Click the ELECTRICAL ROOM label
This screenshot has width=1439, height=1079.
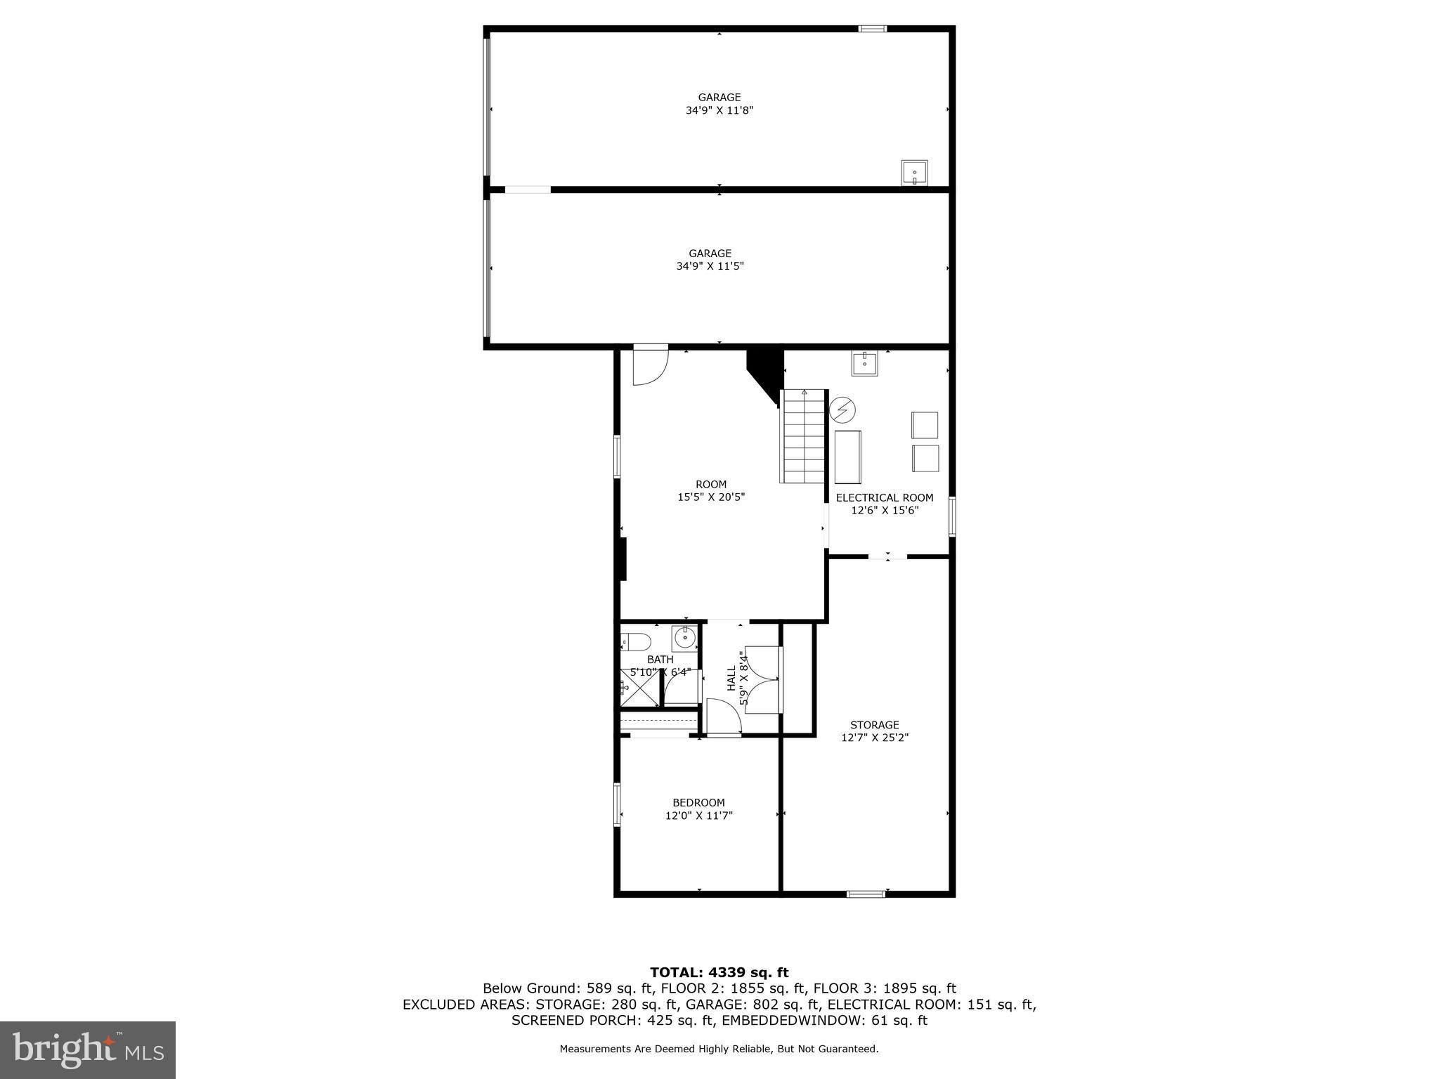[x=884, y=497]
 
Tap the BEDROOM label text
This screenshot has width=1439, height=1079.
[x=698, y=802]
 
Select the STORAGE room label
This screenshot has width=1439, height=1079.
[x=874, y=724]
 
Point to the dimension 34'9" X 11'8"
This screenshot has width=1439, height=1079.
[x=719, y=110]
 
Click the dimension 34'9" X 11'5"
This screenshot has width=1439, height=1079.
[x=710, y=266]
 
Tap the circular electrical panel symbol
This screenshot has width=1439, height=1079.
[x=842, y=410]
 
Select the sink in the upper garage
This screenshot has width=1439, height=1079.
[x=914, y=172]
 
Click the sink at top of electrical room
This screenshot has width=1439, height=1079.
[x=864, y=363]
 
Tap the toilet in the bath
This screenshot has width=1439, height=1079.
[x=636, y=641]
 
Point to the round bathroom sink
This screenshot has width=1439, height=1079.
[x=684, y=638]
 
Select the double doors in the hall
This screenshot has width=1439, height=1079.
[x=760, y=679]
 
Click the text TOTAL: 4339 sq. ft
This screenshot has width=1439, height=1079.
[x=719, y=972]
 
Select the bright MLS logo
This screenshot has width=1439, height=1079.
[x=88, y=1049]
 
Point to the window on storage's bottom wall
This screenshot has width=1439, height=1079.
[x=865, y=894]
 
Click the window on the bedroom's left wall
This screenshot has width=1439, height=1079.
[x=618, y=804]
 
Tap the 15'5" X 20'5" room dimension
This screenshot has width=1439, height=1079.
[x=710, y=497]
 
